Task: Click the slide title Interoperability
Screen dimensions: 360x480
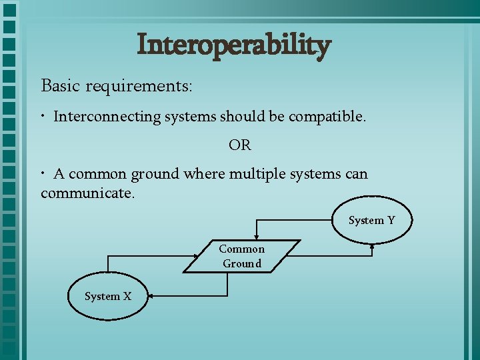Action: coord(233,46)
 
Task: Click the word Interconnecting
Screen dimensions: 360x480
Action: coord(107,117)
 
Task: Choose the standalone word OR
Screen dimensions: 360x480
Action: coord(239,145)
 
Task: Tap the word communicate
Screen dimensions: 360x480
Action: coord(87,193)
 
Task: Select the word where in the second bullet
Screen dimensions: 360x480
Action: coord(204,174)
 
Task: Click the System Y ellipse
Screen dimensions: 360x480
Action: coord(371,220)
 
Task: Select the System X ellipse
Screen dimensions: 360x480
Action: coord(108,296)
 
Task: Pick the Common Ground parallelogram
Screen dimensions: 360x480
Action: coord(241,256)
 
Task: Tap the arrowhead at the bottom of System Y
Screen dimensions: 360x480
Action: coord(372,246)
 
